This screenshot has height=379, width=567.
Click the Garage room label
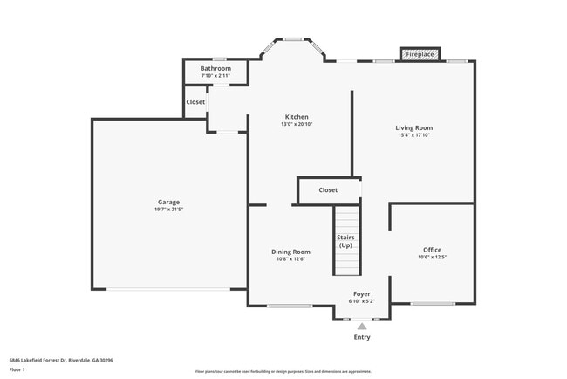coord(169,202)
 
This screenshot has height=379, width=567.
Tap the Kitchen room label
coord(297,117)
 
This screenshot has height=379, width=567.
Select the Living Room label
coord(414,127)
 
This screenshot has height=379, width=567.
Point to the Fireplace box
coord(420,54)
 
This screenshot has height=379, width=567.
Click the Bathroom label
coord(215,68)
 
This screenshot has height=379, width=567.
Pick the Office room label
coord(432,250)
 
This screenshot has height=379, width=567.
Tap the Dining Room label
coord(290,252)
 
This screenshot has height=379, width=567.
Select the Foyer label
coord(361,293)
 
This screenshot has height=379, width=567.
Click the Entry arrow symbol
coord(361,326)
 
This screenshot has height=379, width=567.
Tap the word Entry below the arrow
coord(361,337)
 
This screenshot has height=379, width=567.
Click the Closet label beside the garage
coord(195,102)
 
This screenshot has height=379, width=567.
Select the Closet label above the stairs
coord(328,189)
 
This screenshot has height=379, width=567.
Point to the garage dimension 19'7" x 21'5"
coord(169,210)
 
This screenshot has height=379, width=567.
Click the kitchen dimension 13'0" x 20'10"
coord(297,125)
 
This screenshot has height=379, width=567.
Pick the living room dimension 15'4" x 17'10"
coord(414,135)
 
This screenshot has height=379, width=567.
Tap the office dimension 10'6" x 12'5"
coord(432,258)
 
